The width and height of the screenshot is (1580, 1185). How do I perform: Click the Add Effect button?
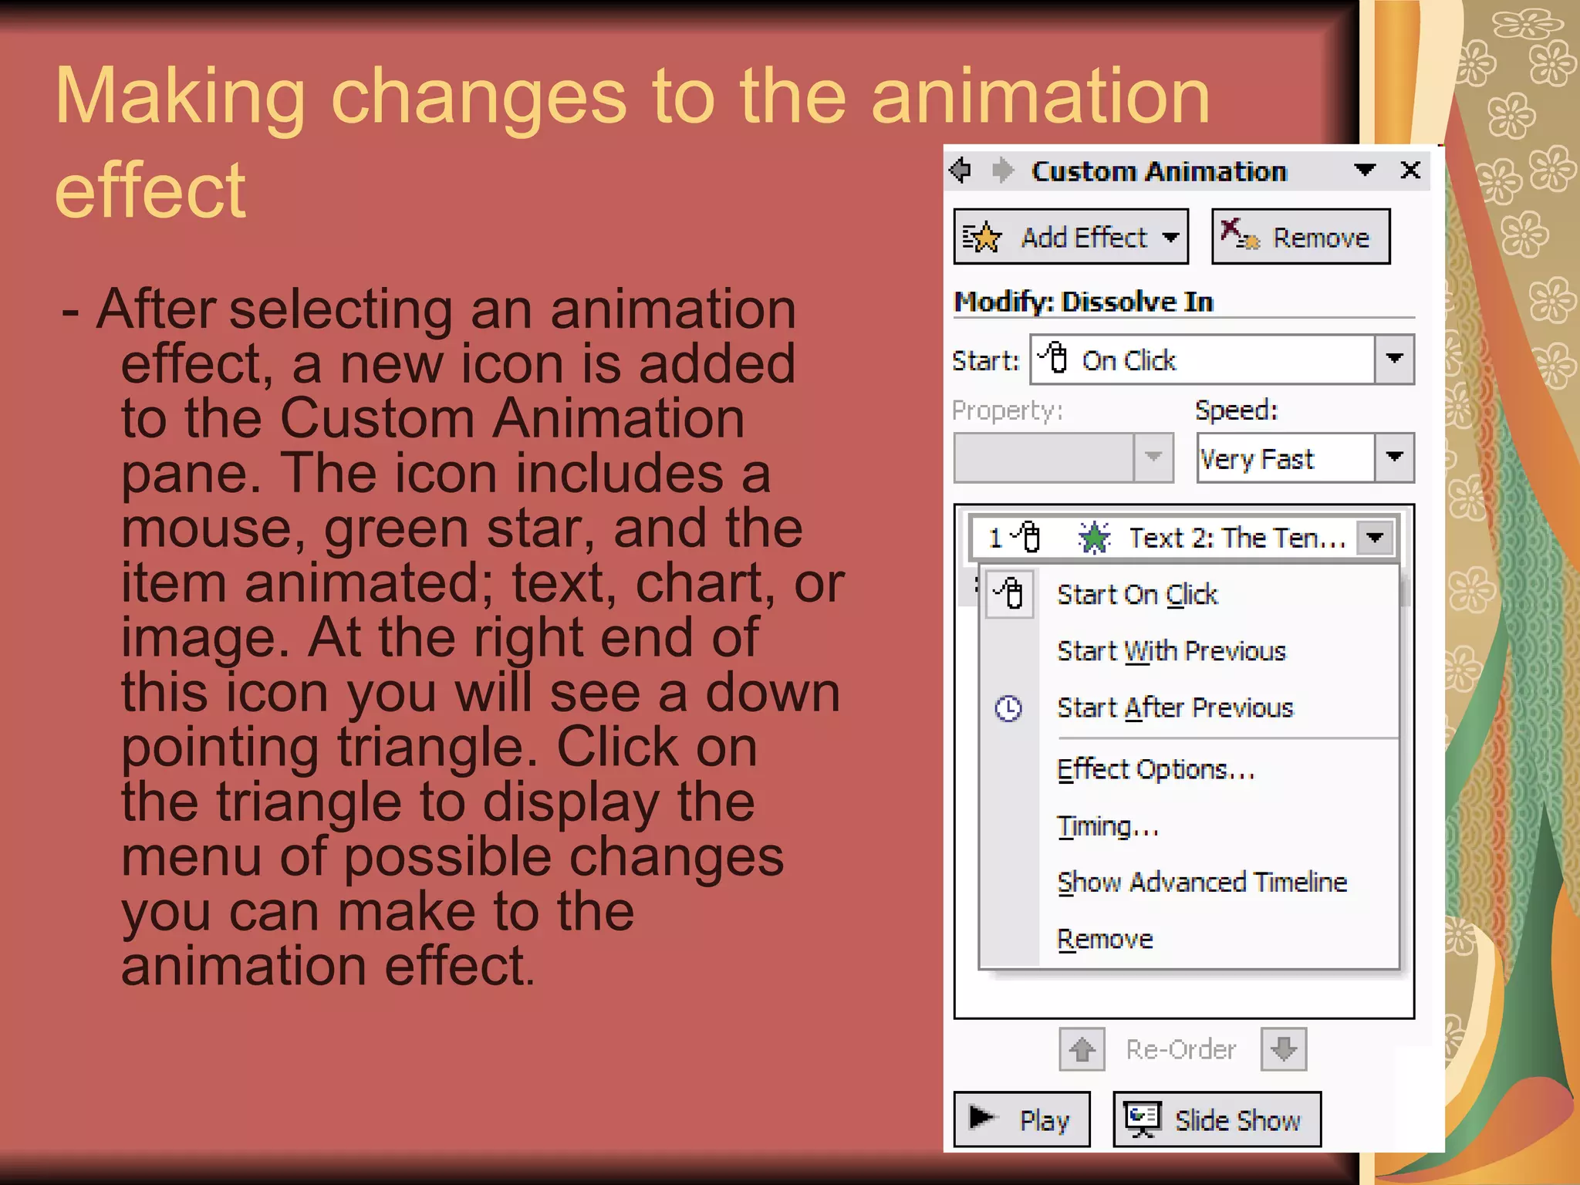click(x=1070, y=238)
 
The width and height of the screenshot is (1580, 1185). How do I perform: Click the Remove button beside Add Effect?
click(x=1301, y=238)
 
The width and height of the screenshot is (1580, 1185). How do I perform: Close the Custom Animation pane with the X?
click(x=1410, y=170)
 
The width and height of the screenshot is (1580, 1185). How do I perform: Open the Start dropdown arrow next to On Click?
click(x=1394, y=360)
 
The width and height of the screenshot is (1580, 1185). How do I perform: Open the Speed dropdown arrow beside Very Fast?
click(x=1394, y=458)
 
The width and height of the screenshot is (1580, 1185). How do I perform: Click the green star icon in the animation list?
click(x=1094, y=538)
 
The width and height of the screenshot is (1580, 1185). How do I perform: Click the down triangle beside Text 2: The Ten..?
click(x=1376, y=538)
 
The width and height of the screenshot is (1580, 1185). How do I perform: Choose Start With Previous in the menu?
click(x=1171, y=651)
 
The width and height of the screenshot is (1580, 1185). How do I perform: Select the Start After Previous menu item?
click(x=1174, y=707)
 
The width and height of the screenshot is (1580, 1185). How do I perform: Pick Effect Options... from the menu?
click(x=1156, y=769)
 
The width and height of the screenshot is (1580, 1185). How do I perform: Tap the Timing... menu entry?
click(x=1108, y=826)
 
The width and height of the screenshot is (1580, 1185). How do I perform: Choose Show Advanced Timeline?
click(x=1202, y=882)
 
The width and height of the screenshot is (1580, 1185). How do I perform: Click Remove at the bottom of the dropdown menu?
click(x=1105, y=939)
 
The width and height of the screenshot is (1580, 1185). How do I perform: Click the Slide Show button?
click(x=1217, y=1119)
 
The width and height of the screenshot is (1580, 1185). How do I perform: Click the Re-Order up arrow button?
click(x=1082, y=1049)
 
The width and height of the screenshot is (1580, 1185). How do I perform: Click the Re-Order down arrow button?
click(x=1284, y=1049)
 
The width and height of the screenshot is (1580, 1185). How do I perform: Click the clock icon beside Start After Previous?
click(x=1008, y=708)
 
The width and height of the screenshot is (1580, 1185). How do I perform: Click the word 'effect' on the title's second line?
click(x=150, y=191)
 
